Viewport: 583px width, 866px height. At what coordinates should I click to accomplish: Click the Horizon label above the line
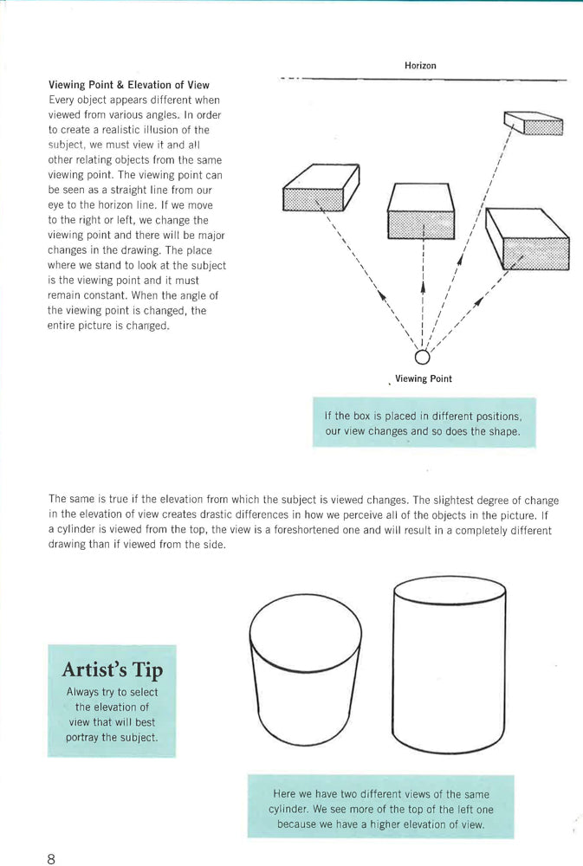tap(420, 66)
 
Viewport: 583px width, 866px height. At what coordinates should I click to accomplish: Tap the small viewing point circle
tap(422, 356)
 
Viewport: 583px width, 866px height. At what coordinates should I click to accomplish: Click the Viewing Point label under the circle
tap(423, 379)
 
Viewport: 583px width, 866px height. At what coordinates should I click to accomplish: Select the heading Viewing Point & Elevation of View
tap(129, 85)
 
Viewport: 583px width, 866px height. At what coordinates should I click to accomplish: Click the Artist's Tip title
tap(112, 670)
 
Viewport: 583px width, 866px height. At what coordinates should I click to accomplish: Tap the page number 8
tap(52, 858)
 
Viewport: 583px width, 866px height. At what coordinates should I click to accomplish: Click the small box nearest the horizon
tap(534, 124)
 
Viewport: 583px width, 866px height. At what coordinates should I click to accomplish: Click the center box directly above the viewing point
tap(421, 211)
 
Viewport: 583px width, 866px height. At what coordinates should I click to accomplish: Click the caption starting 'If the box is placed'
tap(424, 423)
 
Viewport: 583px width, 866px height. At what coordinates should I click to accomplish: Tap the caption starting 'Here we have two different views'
tap(380, 809)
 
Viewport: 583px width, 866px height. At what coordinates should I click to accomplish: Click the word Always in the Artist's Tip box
tap(84, 692)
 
